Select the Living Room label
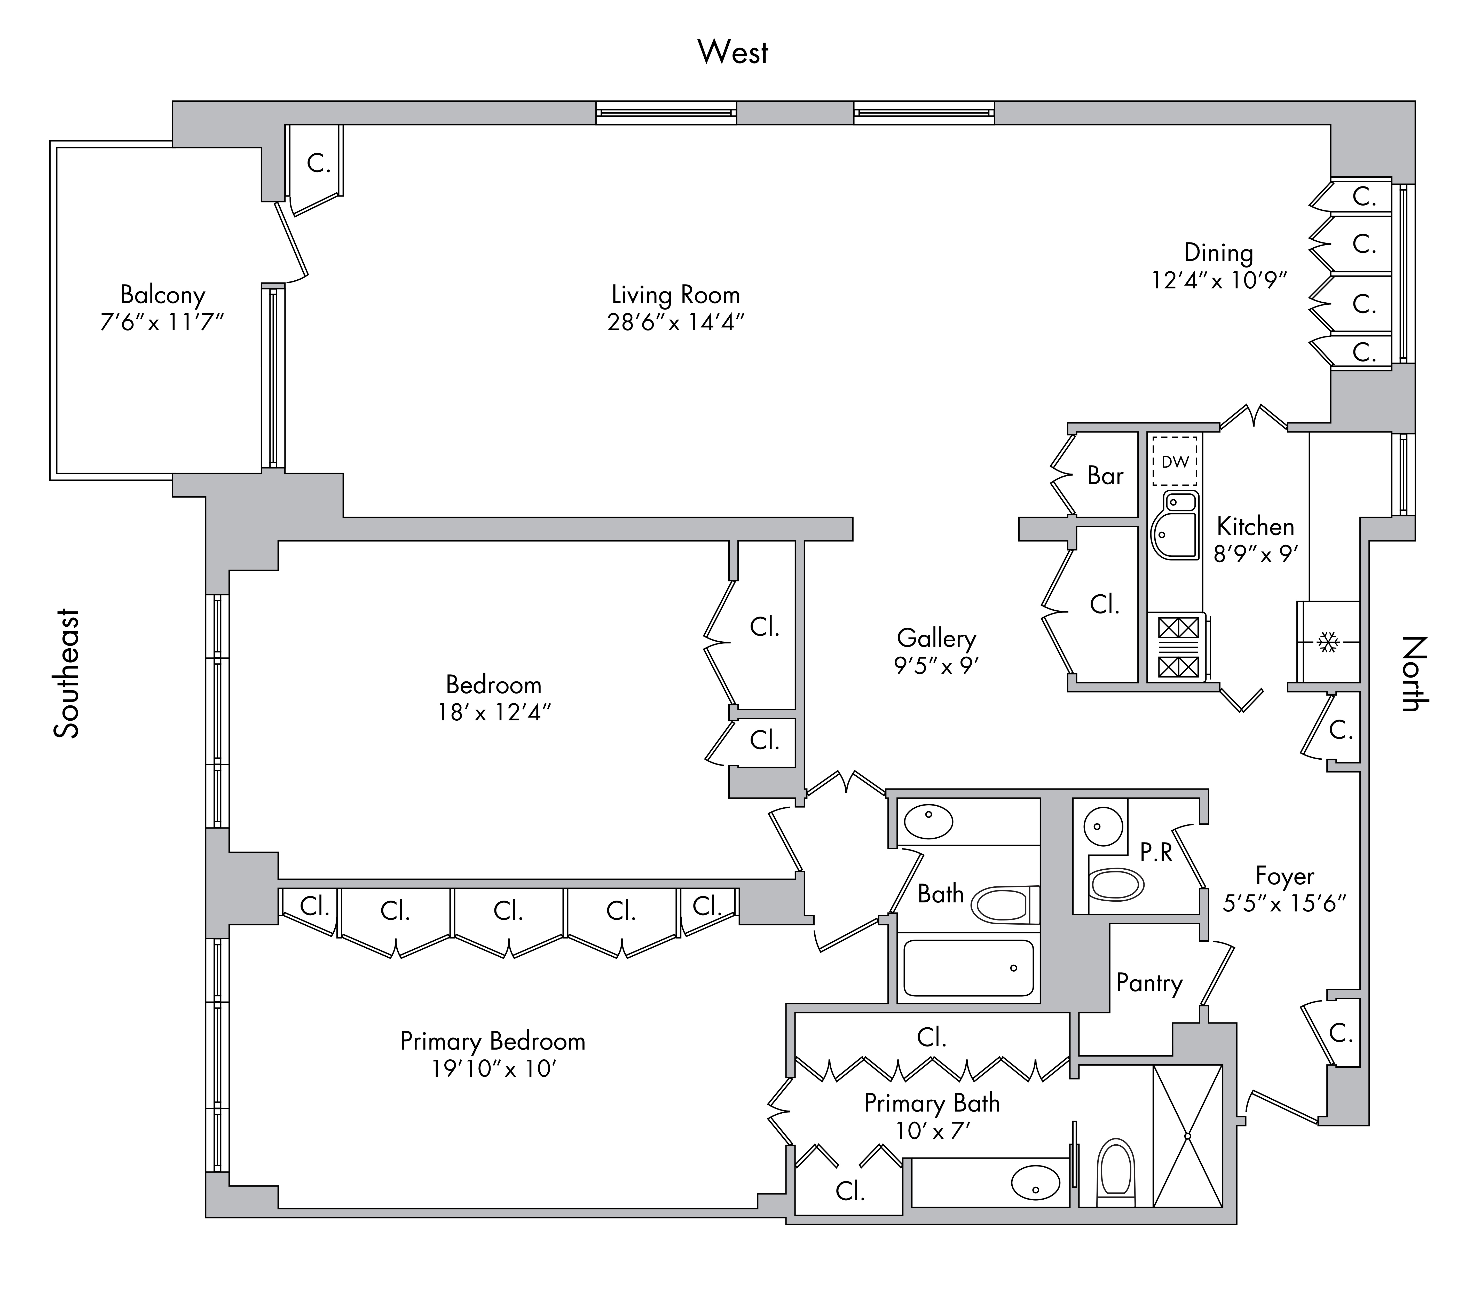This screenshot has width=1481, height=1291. (676, 295)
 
